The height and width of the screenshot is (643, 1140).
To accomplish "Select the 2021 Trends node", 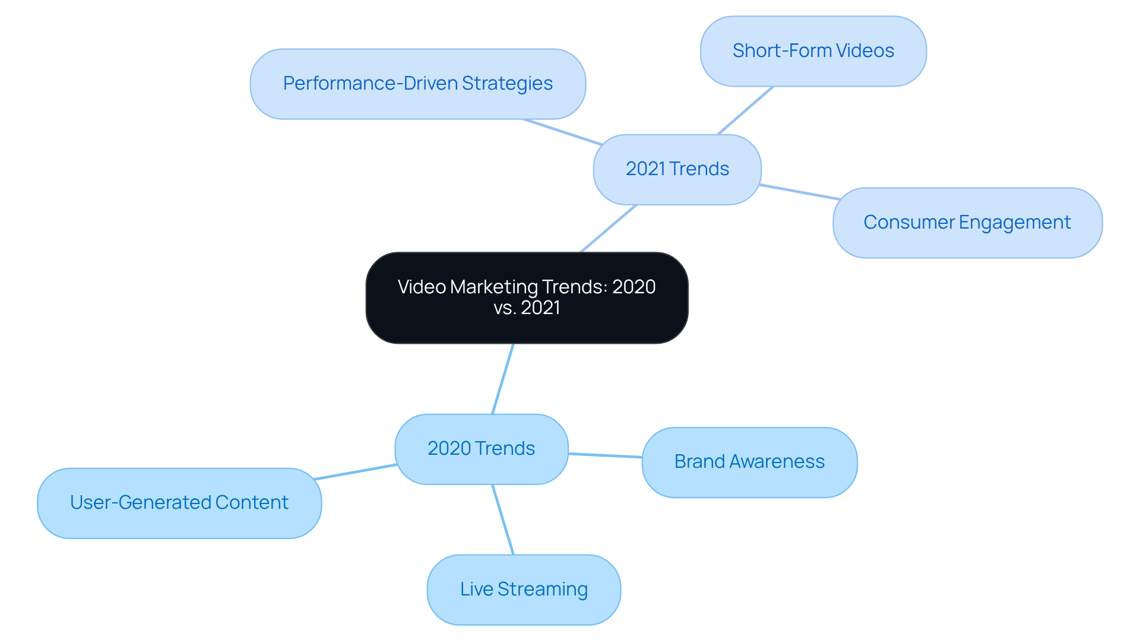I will tap(677, 169).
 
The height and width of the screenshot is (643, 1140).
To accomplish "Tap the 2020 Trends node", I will tap(481, 449).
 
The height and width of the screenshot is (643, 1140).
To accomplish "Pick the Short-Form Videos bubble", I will tap(813, 51).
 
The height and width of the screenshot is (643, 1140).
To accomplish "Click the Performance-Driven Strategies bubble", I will tap(417, 84).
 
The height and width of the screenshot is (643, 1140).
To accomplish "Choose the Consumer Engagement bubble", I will tap(967, 223).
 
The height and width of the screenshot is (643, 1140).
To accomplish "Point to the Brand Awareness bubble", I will tap(749, 462).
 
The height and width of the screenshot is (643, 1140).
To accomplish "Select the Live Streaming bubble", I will tap(524, 590).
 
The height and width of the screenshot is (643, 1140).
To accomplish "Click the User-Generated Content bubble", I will tap(179, 503).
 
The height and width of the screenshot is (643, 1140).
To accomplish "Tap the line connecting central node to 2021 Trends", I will tap(609, 229).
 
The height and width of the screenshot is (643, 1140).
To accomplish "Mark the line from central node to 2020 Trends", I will tap(503, 379).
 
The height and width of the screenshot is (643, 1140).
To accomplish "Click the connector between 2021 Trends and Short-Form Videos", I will tap(745, 110).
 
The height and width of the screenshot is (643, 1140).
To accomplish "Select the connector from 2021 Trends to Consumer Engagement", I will tap(799, 192).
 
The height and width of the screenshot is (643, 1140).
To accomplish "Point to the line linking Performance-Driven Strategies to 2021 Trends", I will tap(562, 132).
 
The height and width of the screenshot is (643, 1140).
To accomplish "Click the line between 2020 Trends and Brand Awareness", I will tap(605, 455).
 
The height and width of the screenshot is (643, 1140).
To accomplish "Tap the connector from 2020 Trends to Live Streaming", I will tap(503, 520).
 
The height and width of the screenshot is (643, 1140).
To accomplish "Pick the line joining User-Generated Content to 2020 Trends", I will tap(355, 472).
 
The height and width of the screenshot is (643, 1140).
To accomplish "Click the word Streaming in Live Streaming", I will tap(543, 590).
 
